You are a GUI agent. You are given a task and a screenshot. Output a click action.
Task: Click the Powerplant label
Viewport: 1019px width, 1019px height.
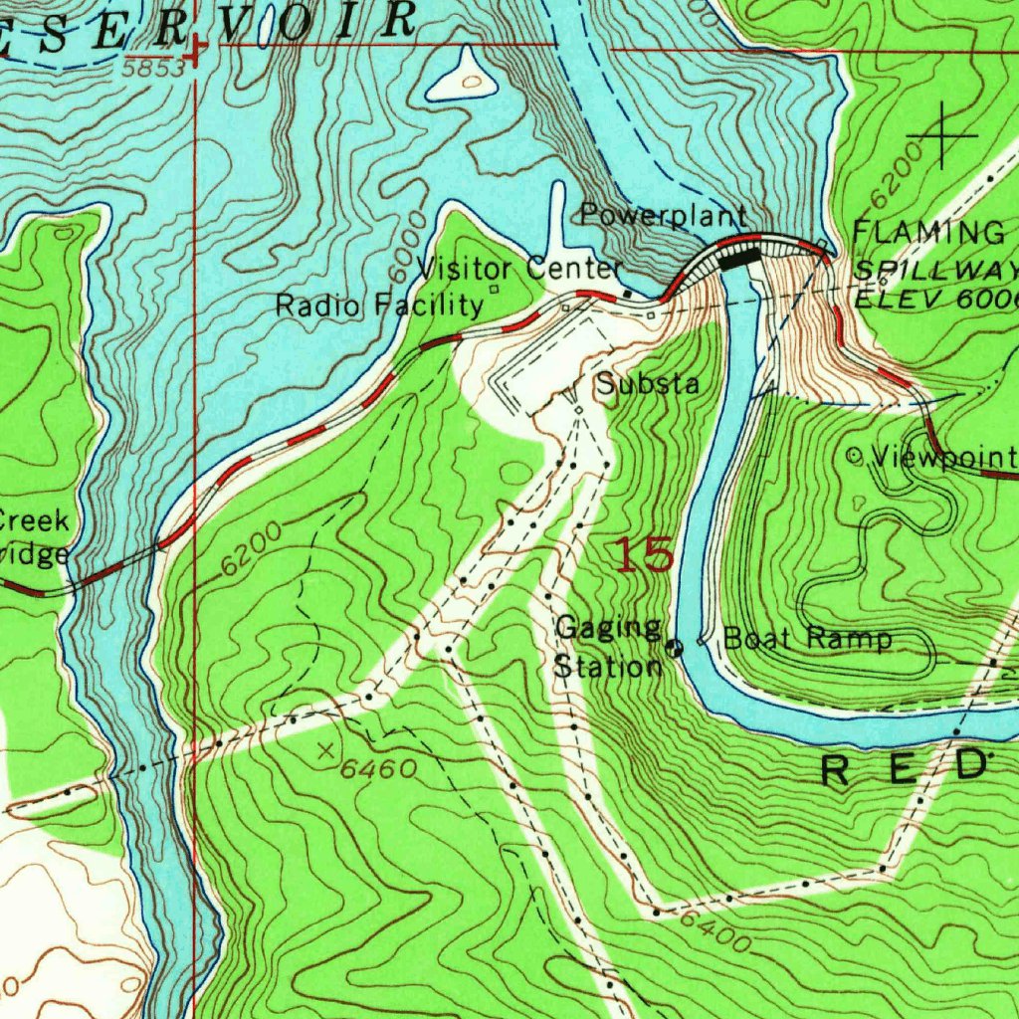[663, 215]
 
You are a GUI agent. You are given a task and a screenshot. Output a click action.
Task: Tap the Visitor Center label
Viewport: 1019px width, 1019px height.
[519, 268]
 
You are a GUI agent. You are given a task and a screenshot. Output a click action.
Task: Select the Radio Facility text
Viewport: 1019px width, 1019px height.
[378, 305]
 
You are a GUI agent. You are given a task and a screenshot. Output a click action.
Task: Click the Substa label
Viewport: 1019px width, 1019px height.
[648, 384]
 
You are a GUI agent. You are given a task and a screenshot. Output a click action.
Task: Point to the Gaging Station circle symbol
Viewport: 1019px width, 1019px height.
[675, 649]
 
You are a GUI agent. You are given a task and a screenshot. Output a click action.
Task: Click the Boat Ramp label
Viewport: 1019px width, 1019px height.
[807, 639]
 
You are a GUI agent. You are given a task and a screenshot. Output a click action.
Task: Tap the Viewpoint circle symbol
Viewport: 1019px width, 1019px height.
[854, 456]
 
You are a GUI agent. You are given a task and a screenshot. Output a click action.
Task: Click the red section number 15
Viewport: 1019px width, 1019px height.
[644, 554]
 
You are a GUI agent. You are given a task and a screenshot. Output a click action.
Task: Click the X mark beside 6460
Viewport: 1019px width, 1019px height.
[325, 751]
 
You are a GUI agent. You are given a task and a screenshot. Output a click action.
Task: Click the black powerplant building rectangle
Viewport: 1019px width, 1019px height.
[738, 259]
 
